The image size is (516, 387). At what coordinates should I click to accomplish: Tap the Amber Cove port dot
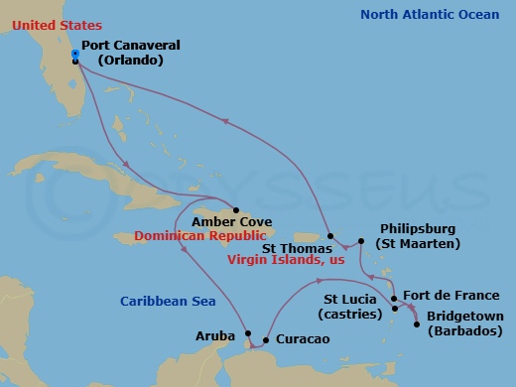point(234,209)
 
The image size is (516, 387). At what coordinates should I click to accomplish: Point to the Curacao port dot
point(266,340)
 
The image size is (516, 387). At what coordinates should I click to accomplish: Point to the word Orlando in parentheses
point(129,60)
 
